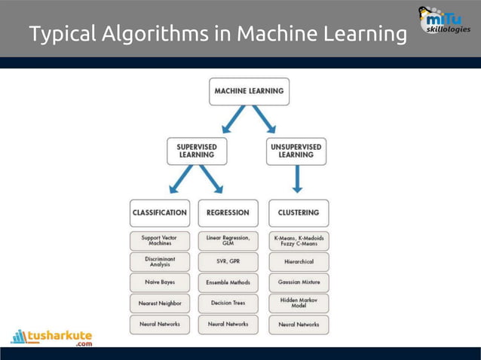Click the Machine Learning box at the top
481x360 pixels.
tap(248, 91)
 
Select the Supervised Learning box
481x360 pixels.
tap(197, 151)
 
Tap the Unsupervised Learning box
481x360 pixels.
tap(296, 151)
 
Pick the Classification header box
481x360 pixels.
tap(160, 212)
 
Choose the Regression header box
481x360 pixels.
tap(228, 212)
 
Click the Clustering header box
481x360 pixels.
tap(298, 212)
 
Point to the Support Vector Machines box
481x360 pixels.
tap(160, 240)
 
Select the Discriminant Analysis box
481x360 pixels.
tap(160, 261)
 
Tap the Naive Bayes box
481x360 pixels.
tap(160, 282)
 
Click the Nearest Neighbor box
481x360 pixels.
tap(160, 304)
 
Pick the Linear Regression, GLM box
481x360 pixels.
tap(228, 240)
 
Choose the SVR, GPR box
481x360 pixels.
tap(228, 261)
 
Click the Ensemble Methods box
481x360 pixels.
tap(228, 282)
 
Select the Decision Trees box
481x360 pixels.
tap(228, 304)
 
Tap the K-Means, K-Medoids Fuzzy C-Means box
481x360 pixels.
tap(298, 240)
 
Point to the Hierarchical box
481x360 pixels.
tap(298, 261)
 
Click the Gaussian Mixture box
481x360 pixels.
tap(298, 282)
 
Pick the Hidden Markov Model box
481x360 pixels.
tap(298, 303)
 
